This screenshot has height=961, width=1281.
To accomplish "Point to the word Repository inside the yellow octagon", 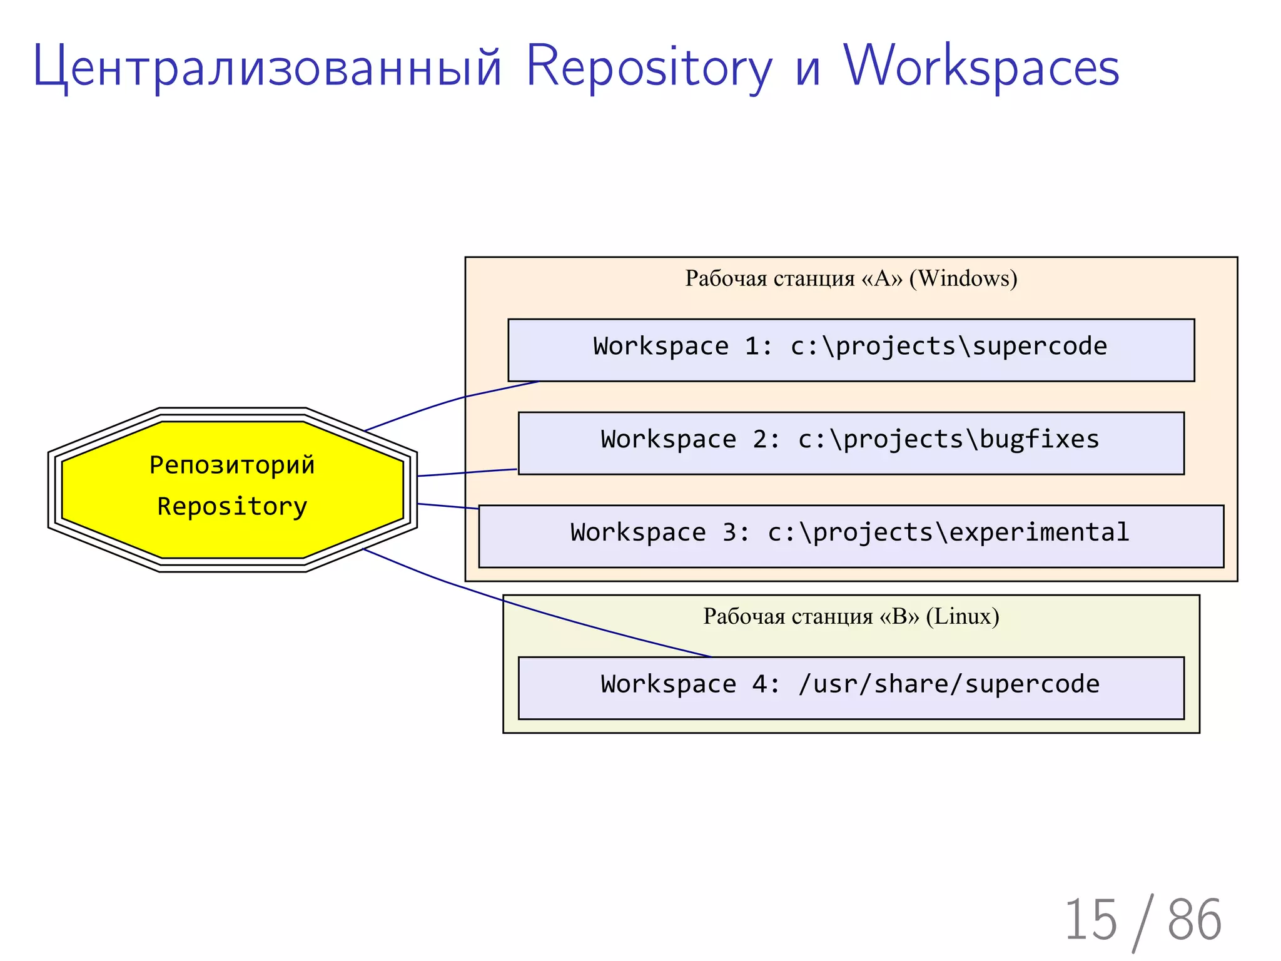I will point(232,506).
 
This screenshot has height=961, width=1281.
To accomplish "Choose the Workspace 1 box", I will point(851,350).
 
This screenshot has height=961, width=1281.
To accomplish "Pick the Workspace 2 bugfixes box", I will point(851,443).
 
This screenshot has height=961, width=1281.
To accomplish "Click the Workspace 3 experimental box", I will point(851,536).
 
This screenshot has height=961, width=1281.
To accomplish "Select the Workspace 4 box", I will point(851,688).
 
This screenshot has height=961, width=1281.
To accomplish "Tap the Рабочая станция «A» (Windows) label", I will point(851,278).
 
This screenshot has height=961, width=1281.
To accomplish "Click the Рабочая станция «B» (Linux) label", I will point(851,617).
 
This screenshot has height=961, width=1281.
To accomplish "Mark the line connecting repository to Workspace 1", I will point(450,400).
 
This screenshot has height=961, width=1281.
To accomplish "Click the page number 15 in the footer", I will point(1090,920).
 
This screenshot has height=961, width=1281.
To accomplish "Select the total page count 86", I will point(1194,920).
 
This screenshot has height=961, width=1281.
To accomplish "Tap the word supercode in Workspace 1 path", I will point(1040,347).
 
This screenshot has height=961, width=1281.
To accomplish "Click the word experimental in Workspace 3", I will point(1039,533).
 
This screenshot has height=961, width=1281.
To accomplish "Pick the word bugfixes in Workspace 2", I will point(1039,440).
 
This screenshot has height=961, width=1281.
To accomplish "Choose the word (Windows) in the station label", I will point(963,278).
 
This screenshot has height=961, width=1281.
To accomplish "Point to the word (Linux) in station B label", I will point(963,617).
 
